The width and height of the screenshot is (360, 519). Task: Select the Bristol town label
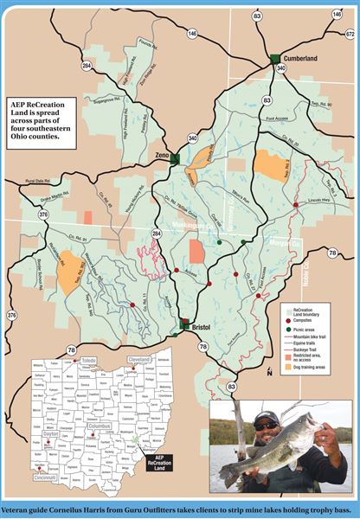(x=201, y=329)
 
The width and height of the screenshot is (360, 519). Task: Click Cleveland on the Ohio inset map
(x=140, y=357)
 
